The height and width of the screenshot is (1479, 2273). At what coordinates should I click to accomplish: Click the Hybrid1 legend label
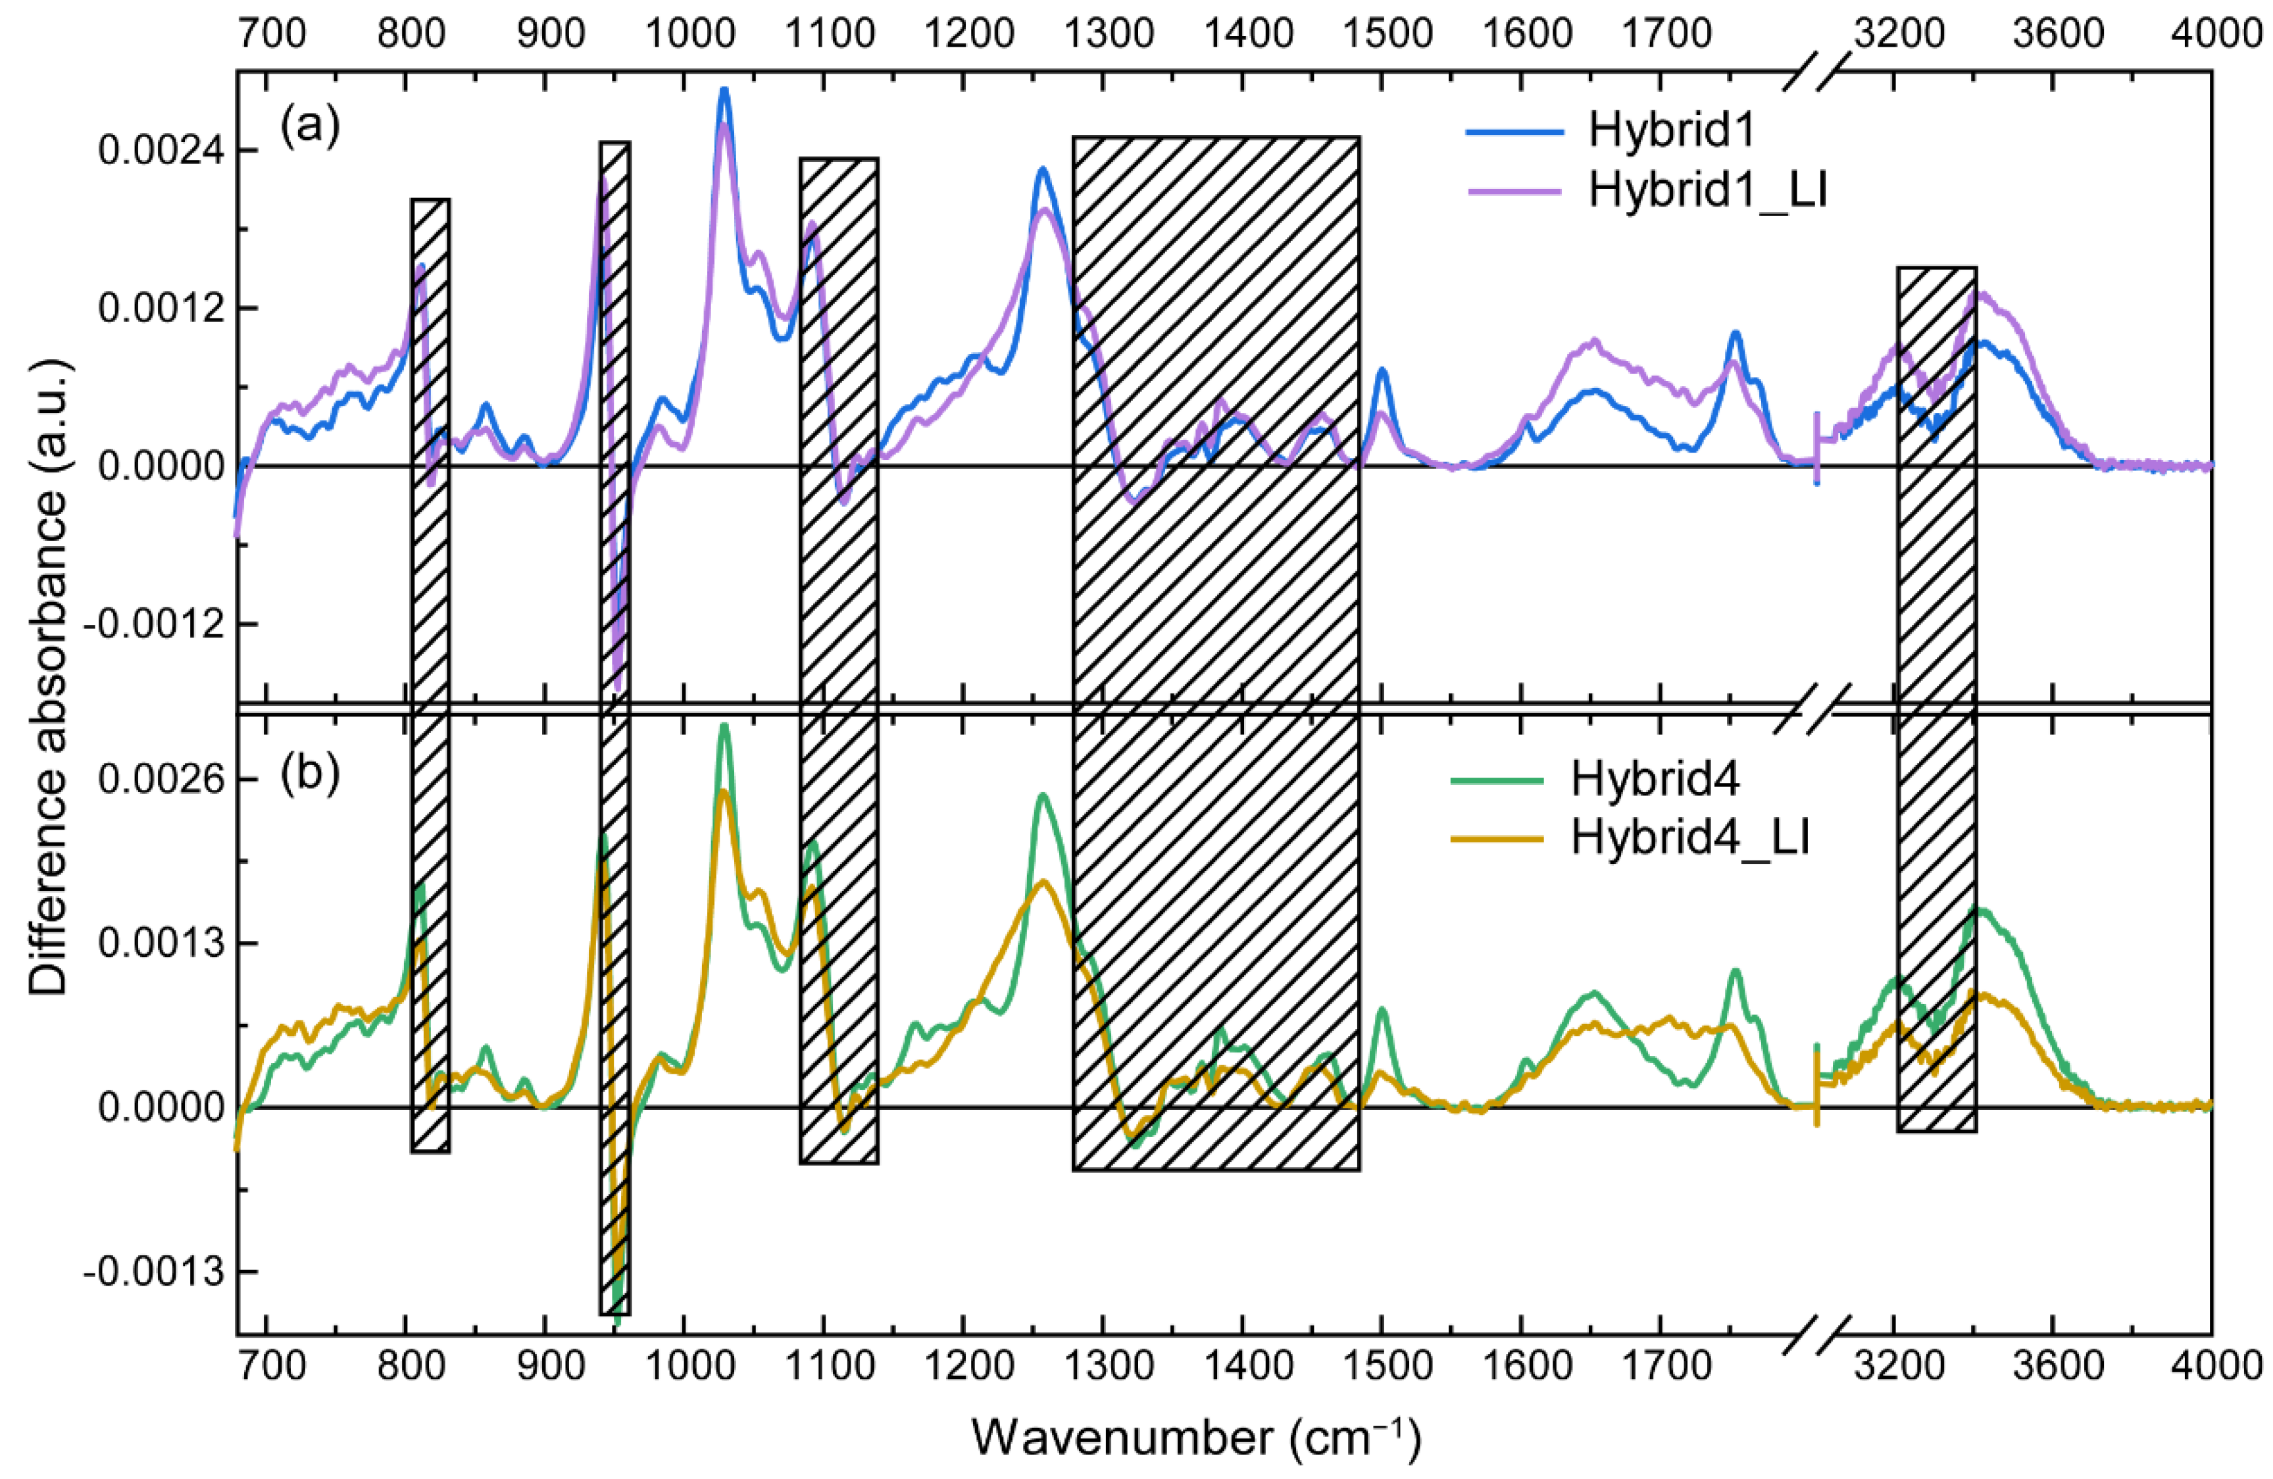point(1671,131)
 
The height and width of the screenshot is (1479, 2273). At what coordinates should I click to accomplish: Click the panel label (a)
point(309,126)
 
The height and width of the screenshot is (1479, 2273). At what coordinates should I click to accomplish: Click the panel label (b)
point(309,775)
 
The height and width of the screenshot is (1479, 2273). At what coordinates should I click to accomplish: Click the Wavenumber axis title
point(1196,1437)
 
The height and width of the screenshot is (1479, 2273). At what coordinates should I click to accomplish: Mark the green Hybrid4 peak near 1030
point(724,726)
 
